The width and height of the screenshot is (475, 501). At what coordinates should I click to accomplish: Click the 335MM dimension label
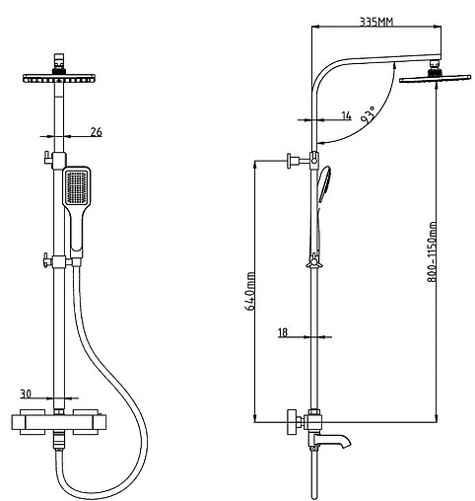[376, 22]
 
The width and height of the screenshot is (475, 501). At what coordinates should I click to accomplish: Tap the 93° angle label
[368, 114]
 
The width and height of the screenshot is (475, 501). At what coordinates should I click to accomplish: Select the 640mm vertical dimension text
[250, 291]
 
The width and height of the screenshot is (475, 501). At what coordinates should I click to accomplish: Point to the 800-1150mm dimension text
[432, 251]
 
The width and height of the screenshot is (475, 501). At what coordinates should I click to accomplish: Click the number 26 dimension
[97, 132]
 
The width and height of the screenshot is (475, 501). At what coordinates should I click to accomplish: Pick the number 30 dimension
[26, 394]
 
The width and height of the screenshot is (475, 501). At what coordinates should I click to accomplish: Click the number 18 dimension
[283, 332]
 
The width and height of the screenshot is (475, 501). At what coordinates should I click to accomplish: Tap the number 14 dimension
[347, 115]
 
